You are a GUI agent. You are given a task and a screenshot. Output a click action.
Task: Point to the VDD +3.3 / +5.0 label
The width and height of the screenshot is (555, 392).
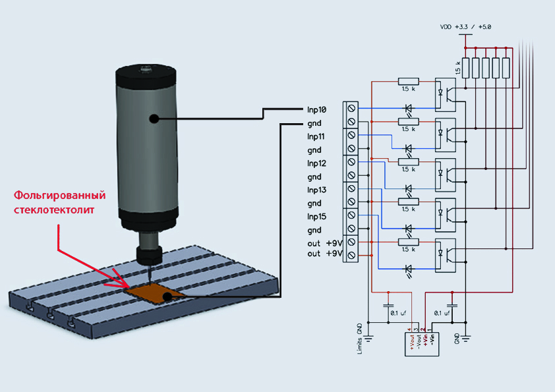click(x=465, y=27)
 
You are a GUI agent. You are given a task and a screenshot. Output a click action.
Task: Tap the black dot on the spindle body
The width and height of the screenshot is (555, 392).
click(x=154, y=119)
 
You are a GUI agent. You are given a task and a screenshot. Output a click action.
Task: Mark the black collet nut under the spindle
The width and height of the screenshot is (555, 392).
click(x=149, y=253)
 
